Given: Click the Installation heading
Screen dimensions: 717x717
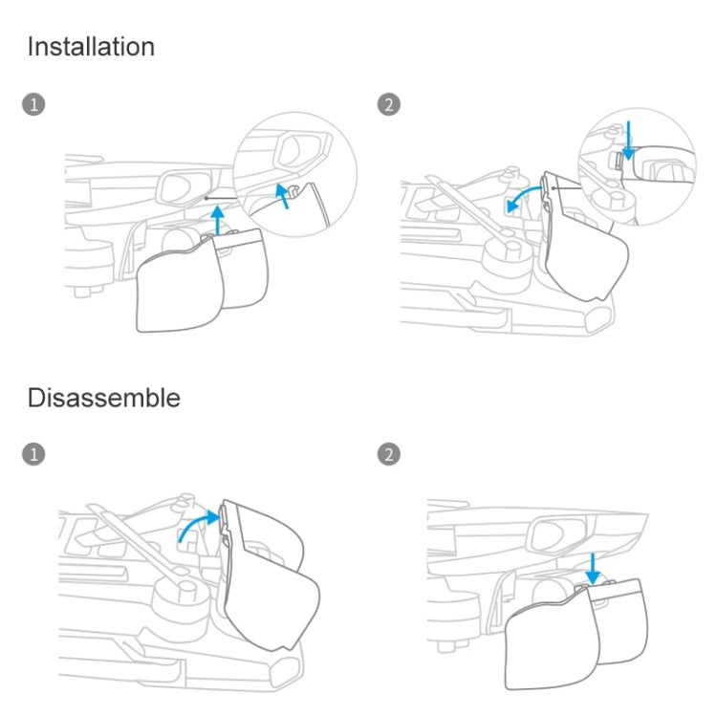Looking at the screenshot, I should (91, 47).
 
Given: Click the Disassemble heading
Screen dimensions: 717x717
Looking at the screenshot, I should (103, 397).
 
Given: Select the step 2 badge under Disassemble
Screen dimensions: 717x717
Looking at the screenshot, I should (389, 454).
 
